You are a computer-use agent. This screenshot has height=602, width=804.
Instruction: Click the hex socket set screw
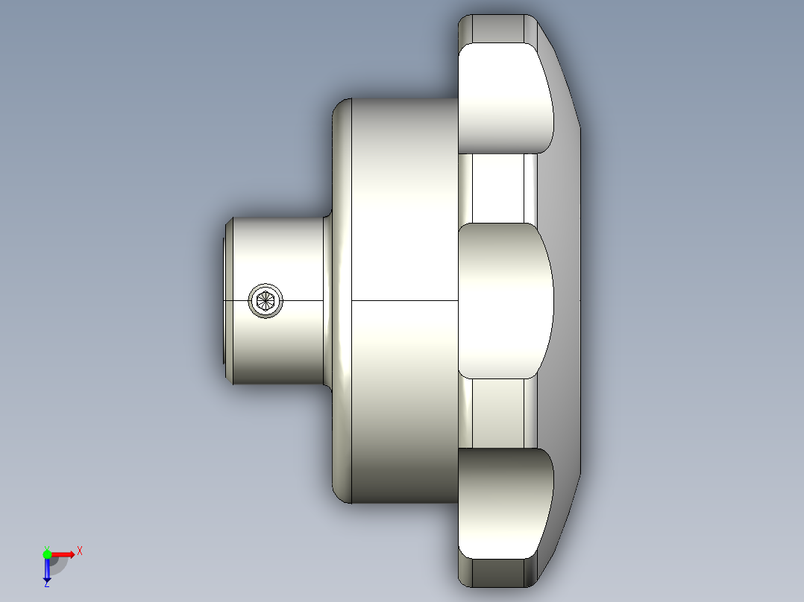click(x=266, y=300)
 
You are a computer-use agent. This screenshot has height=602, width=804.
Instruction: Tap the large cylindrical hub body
click(x=403, y=224)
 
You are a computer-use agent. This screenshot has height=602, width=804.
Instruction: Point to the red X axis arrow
click(x=63, y=554)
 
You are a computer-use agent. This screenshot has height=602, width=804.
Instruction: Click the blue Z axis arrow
click(x=47, y=571)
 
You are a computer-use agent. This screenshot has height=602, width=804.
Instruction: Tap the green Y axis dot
click(x=47, y=554)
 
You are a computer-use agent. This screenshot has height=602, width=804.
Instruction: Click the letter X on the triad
click(x=79, y=551)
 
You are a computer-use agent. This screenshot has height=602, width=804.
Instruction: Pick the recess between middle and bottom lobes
click(x=498, y=414)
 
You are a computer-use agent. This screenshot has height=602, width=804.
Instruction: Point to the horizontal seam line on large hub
click(x=403, y=300)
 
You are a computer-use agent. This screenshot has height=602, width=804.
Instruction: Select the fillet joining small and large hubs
click(x=327, y=224)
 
